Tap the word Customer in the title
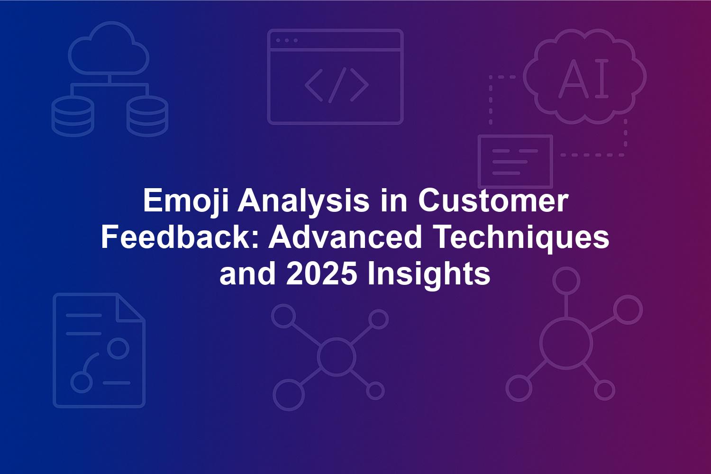click(x=493, y=201)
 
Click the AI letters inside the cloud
click(x=583, y=78)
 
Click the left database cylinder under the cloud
click(x=73, y=116)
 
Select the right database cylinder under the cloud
click(x=147, y=116)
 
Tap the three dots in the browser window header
click(x=287, y=40)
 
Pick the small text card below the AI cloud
click(x=516, y=162)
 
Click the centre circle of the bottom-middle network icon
click(x=337, y=356)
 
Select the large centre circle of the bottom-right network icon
click(x=566, y=344)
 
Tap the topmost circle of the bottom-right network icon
click(x=566, y=281)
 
